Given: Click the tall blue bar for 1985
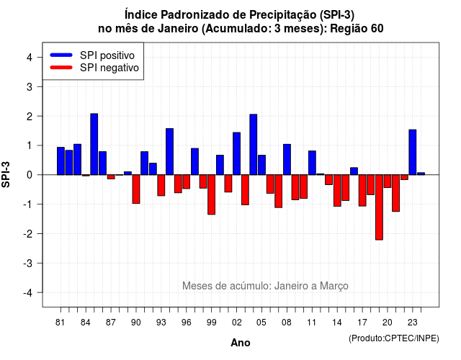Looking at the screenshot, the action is click(x=94, y=144).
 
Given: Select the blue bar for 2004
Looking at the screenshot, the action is click(x=254, y=144).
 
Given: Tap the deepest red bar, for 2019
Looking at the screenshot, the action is click(x=380, y=207).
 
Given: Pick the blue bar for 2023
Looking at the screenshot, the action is click(x=413, y=152).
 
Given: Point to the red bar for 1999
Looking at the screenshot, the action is click(x=211, y=194).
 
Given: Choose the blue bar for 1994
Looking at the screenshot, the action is click(x=170, y=151).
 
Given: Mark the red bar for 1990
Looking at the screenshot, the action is click(x=136, y=189).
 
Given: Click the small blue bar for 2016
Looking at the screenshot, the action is click(x=354, y=171).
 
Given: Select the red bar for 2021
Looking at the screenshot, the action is click(x=395, y=193).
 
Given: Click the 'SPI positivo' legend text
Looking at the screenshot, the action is click(x=107, y=55).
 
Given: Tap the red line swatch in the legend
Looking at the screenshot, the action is click(x=61, y=67).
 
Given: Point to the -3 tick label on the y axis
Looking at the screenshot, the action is click(x=29, y=263).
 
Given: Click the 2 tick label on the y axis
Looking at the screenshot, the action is click(x=30, y=117).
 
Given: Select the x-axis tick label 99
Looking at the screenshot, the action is click(x=211, y=323).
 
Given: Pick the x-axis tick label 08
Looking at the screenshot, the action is click(x=287, y=323).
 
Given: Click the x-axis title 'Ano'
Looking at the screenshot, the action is click(x=241, y=343).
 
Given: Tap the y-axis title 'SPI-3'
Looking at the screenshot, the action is click(x=6, y=174).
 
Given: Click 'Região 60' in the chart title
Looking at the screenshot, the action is click(x=357, y=29).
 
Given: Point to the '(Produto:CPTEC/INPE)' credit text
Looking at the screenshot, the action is click(x=394, y=338).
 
